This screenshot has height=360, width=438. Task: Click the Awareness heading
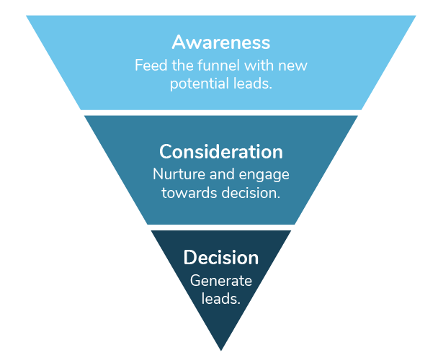click(220, 42)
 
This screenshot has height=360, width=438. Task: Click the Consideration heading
click(220, 152)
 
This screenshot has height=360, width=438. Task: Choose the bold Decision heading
click(220, 257)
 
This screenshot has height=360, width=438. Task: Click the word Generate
click(220, 281)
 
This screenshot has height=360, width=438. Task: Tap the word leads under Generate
click(220, 298)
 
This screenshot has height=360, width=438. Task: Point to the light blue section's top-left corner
click(26, 16)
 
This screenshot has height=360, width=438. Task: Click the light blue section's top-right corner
click(416, 16)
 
